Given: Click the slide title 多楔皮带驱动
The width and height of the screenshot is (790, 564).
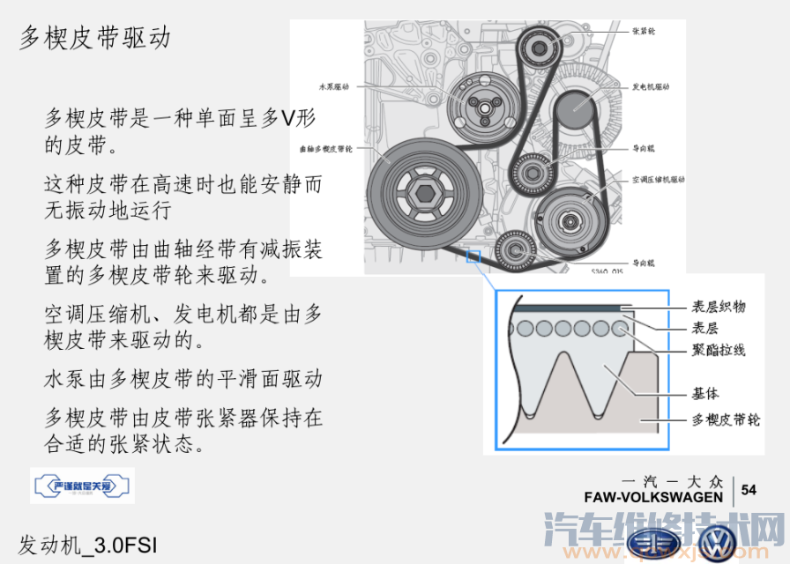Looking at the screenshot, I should click(95, 38).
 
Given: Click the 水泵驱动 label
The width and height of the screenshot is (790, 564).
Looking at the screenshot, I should click(334, 87).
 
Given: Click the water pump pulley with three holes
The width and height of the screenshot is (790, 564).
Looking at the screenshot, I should click(481, 107).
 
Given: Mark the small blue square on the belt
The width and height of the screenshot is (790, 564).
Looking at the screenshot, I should click(473, 257).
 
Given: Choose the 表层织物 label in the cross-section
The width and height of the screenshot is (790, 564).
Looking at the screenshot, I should click(719, 307).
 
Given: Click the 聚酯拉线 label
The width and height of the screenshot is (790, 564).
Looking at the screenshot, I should click(719, 350).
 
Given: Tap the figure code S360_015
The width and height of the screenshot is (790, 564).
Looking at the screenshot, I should click(607, 271).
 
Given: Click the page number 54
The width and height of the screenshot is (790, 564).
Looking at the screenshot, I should click(749, 490).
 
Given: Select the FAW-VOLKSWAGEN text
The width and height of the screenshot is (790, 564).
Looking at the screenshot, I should click(653, 497).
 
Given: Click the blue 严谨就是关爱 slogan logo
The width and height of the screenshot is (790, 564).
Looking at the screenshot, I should click(82, 486).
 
